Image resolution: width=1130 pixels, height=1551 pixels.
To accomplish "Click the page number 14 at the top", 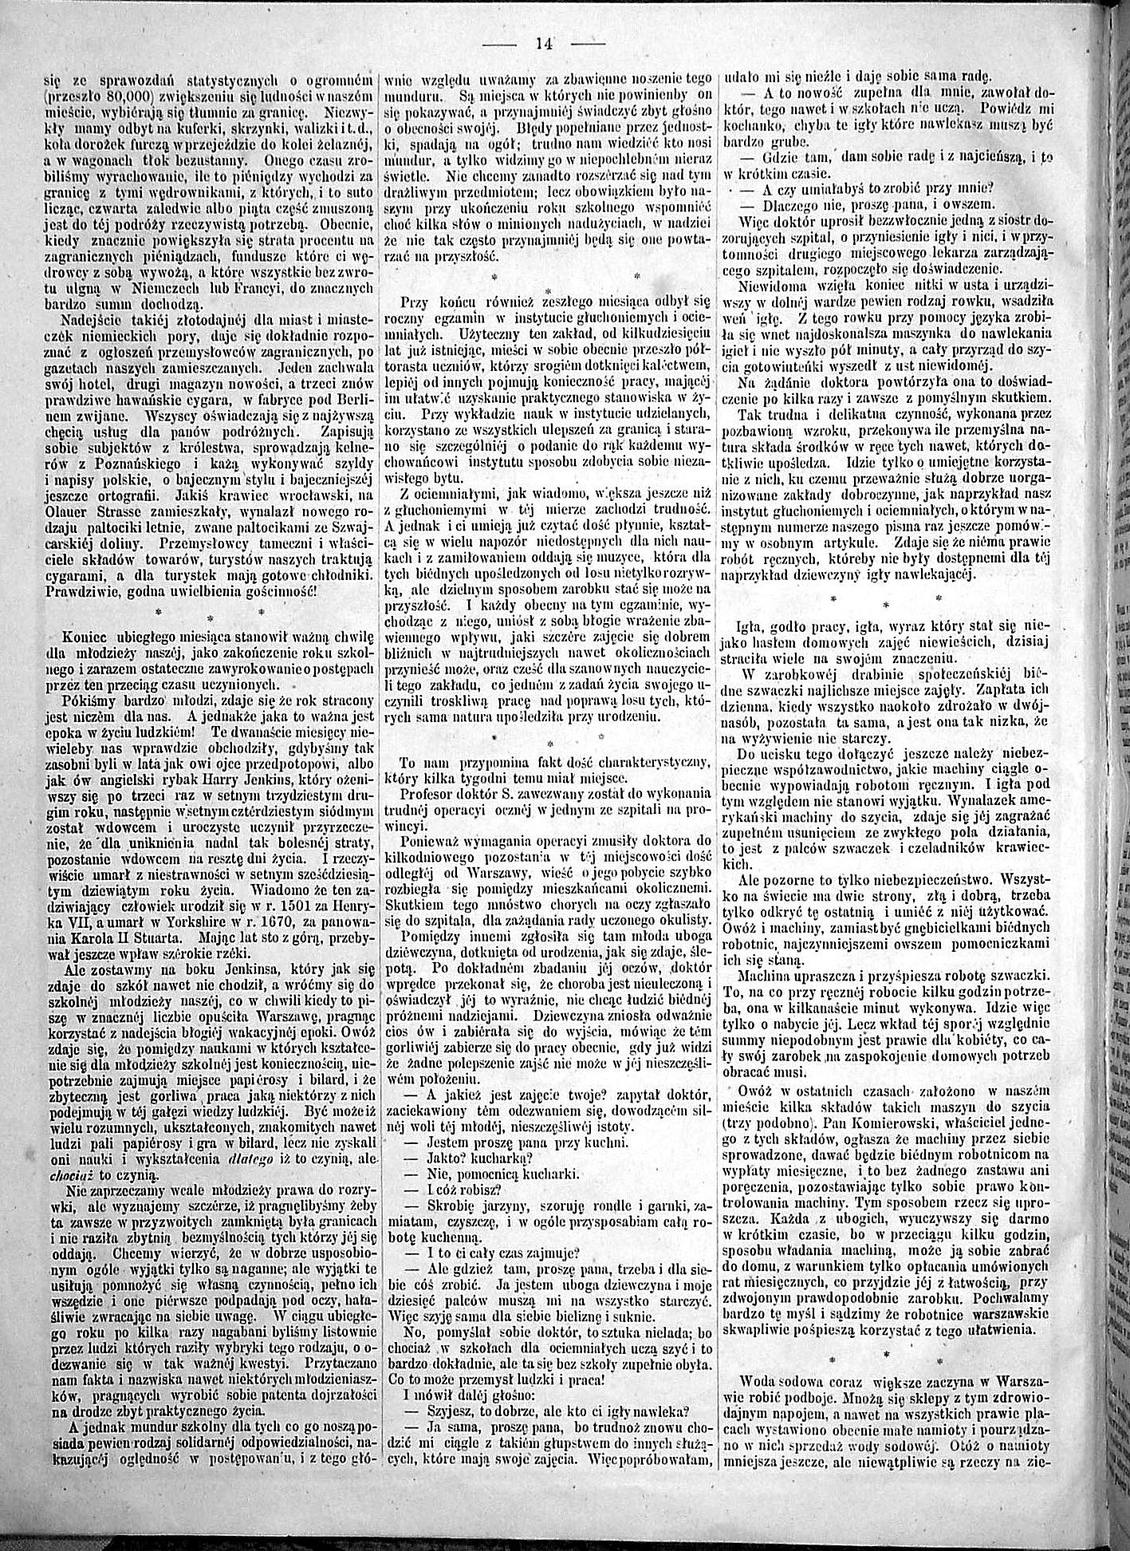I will click(x=545, y=44).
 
